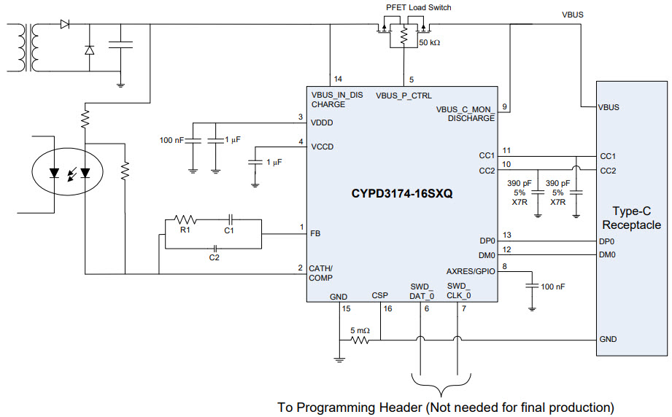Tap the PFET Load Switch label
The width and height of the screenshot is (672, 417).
pos(418,7)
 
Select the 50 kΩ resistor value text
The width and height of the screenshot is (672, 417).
pos(430,42)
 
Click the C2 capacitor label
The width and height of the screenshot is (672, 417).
pos(215,258)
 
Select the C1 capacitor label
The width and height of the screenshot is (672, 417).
pos(228,230)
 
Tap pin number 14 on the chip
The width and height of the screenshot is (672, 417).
pos(337,79)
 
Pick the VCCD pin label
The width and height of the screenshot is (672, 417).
pos(323,147)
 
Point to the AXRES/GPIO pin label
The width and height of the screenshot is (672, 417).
pos(471,270)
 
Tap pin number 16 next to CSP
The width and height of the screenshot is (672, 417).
pos(387,309)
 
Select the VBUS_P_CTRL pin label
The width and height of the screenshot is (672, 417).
pos(403,96)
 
